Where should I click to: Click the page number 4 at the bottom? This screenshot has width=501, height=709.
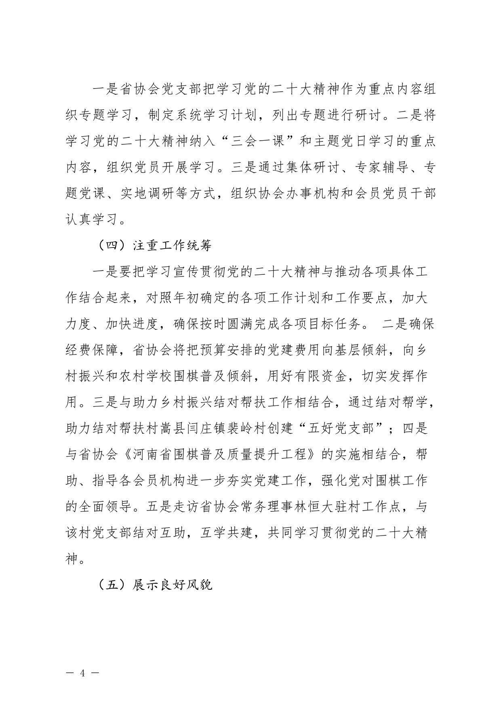coord(83,673)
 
